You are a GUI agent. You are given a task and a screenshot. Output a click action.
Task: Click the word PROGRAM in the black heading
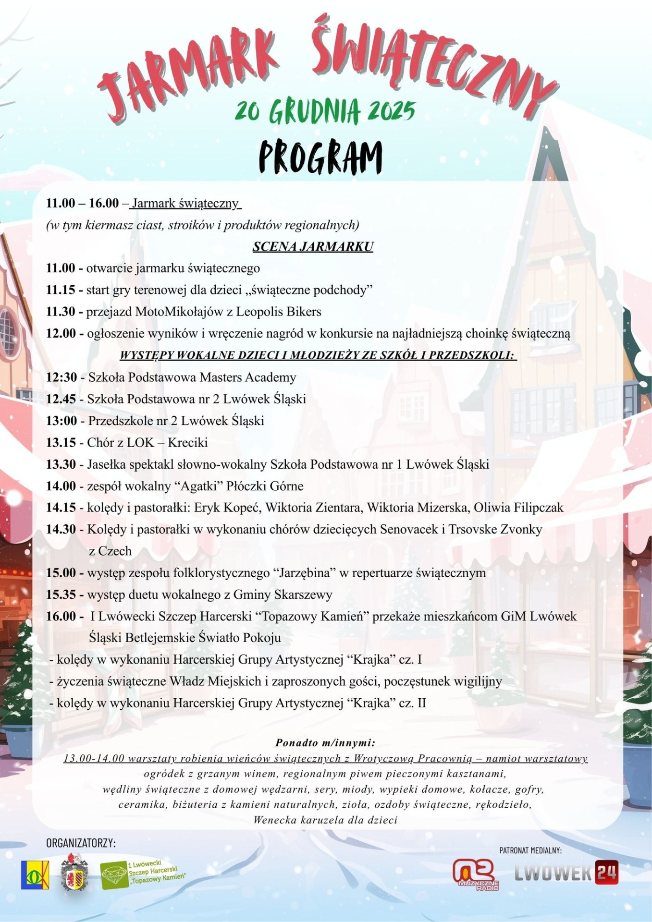click(x=320, y=158)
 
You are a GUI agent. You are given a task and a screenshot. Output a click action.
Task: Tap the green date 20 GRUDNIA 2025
click(x=325, y=111)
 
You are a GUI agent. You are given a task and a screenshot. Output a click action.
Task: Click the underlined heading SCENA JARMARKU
click(x=313, y=246)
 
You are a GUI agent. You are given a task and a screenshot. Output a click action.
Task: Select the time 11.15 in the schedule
click(x=61, y=290)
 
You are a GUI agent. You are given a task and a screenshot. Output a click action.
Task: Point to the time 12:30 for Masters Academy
click(x=62, y=377)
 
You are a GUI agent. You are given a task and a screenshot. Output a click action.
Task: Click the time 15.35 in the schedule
click(x=61, y=594)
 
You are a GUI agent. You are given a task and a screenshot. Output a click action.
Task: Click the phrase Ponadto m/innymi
click(x=325, y=742)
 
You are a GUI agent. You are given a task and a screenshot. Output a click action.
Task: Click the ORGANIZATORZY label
click(x=81, y=843)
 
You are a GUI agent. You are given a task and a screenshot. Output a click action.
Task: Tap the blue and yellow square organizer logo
click(x=35, y=874)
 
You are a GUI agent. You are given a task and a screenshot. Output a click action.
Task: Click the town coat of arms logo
click(x=74, y=873)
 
